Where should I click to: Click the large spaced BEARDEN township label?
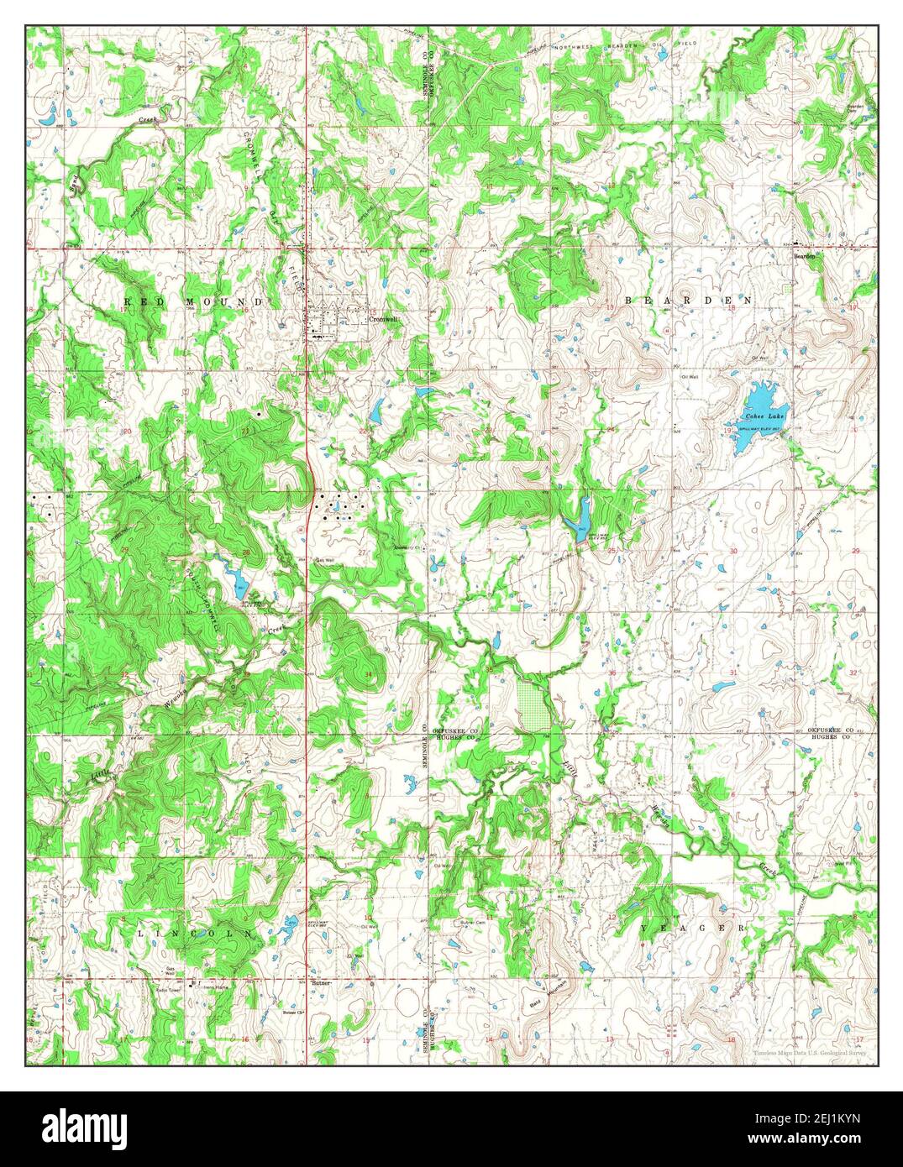coord(687,300)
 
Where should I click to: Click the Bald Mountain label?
coord(549,995)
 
